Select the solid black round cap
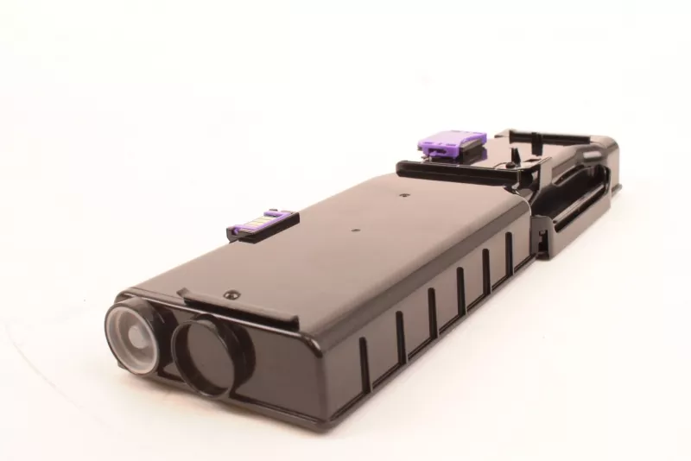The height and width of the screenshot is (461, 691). point(206,351)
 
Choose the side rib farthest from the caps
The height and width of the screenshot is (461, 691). point(510,249)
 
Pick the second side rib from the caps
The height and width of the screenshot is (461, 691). point(399,327)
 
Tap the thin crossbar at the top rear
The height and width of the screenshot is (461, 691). point(553,136)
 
